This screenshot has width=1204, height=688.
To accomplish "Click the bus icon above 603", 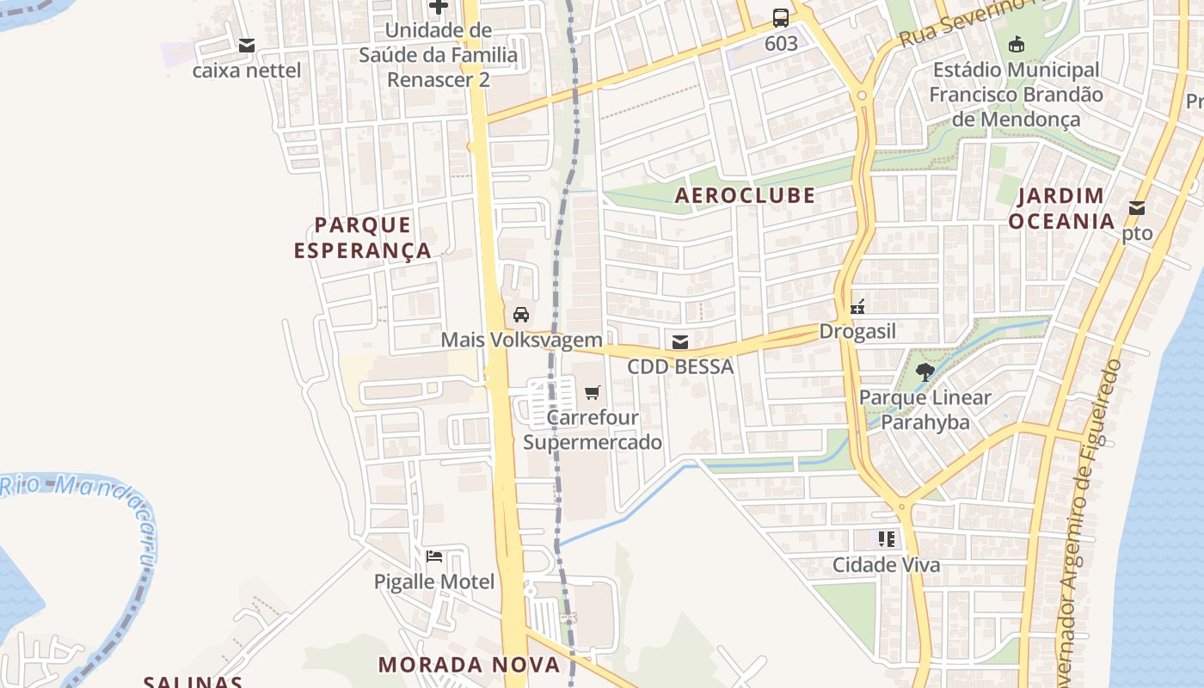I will (x=781, y=17).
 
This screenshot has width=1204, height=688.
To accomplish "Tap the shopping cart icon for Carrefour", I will (x=592, y=393).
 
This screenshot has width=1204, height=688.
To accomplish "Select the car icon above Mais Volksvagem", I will (x=520, y=314).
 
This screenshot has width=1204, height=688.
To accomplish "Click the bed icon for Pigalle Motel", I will (x=434, y=556).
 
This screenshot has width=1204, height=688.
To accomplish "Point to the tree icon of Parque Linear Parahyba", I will (x=925, y=372).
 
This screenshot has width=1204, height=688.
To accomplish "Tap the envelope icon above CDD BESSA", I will (x=680, y=342).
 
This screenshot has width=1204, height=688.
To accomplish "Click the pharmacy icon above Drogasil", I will (x=857, y=306).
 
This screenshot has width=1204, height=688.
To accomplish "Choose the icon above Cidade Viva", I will (x=887, y=539).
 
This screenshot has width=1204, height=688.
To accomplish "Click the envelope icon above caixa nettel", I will (x=247, y=46).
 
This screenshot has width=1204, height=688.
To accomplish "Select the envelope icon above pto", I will (x=1137, y=208).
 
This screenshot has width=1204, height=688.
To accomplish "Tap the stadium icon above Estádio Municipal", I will (x=1016, y=44).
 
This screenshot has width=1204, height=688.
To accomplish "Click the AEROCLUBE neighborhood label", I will (x=745, y=195).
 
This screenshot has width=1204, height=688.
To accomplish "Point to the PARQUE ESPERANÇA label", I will (x=362, y=237).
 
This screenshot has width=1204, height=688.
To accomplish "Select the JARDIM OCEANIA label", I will (x=1061, y=208).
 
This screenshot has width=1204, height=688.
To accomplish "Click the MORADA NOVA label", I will (x=469, y=664).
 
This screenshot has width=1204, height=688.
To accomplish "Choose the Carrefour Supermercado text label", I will (x=593, y=430).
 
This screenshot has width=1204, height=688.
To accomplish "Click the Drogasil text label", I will (x=857, y=331).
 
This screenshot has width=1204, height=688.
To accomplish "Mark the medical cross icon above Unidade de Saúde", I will (x=439, y=7).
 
